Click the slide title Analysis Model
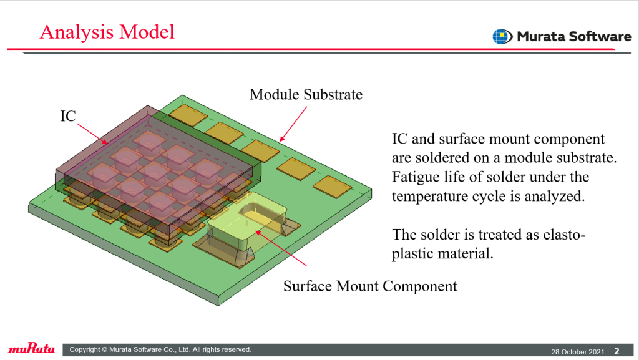(x=107, y=32)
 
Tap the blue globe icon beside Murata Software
(x=502, y=37)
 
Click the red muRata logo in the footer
(x=31, y=348)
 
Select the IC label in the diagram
(x=68, y=116)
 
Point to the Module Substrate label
(x=306, y=94)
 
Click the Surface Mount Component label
(x=370, y=286)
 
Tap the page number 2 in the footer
(x=617, y=351)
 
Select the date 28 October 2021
(x=577, y=352)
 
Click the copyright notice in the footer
(x=160, y=349)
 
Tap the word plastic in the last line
(x=412, y=254)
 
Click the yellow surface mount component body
(x=246, y=222)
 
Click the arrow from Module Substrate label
(x=293, y=124)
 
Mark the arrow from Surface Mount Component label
(x=281, y=248)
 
